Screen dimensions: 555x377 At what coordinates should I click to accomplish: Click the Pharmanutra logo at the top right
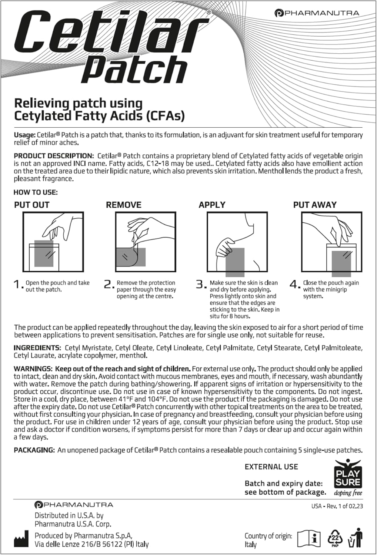click(x=317, y=13)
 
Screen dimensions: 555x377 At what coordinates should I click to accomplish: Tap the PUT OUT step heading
click(x=31, y=205)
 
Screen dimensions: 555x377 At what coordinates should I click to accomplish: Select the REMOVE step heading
click(x=124, y=205)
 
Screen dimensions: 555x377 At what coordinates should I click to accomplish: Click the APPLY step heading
click(x=212, y=205)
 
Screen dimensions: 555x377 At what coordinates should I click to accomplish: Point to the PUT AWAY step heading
click(x=315, y=205)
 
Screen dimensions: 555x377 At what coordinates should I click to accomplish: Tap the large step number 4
click(x=295, y=285)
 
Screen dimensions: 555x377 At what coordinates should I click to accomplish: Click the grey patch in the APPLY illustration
click(x=235, y=262)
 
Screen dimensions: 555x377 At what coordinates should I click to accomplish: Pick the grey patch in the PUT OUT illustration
click(x=44, y=253)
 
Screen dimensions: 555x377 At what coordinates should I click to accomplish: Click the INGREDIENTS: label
click(x=37, y=348)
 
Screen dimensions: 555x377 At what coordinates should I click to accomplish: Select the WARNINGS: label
click(x=33, y=369)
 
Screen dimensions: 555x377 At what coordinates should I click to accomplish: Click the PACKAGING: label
click(x=34, y=450)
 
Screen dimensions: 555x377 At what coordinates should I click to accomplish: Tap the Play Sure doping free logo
click(x=348, y=477)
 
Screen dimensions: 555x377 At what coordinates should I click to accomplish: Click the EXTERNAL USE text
click(x=271, y=467)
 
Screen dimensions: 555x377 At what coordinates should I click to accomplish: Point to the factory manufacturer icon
click(x=21, y=541)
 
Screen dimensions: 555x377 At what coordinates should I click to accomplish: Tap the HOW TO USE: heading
click(x=36, y=192)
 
